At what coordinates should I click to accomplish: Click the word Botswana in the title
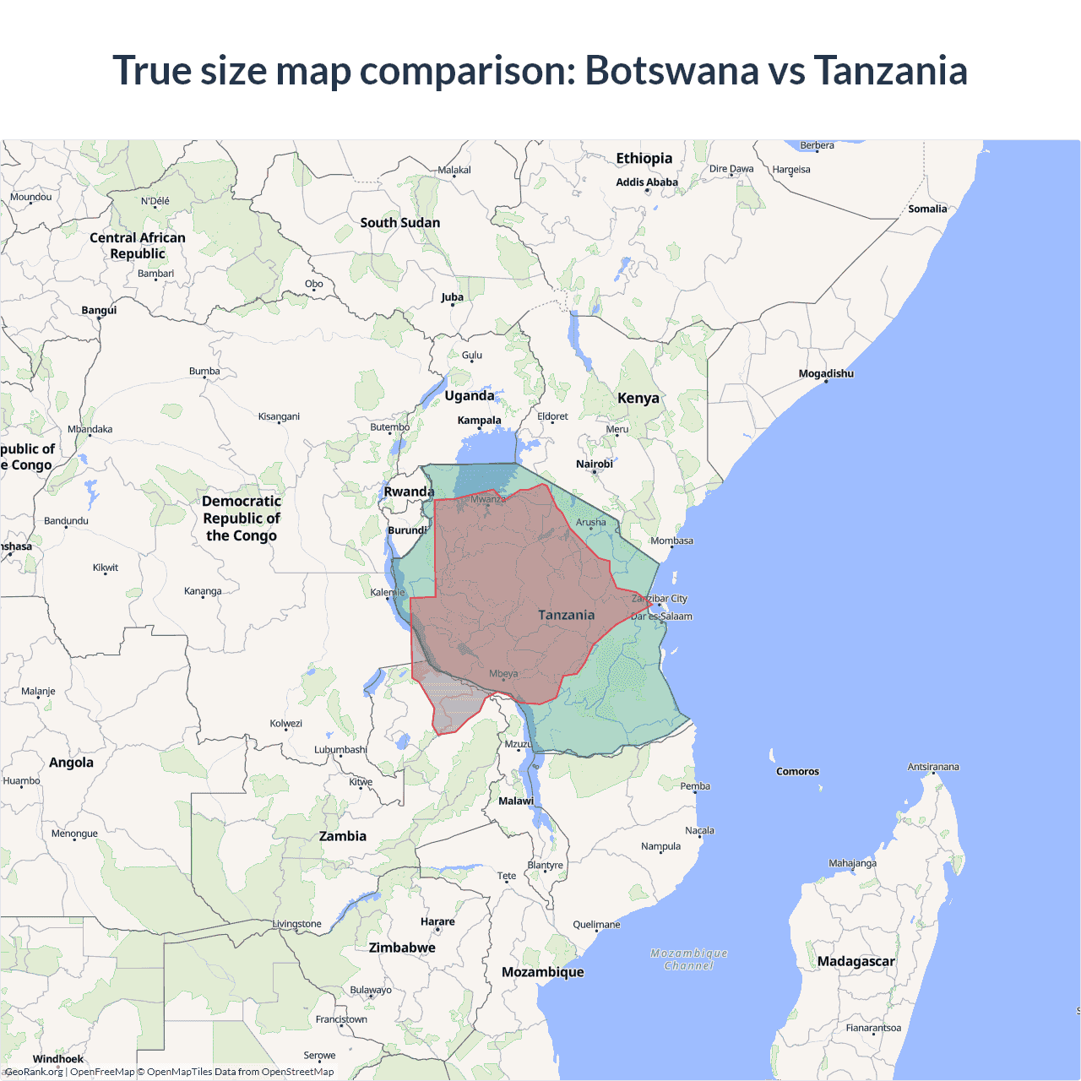click(671, 70)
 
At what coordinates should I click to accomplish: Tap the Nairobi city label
click(595, 464)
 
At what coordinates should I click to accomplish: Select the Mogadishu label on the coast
click(826, 373)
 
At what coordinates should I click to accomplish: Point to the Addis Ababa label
click(647, 182)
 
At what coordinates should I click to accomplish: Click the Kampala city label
click(479, 420)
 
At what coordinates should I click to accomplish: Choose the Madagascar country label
click(856, 961)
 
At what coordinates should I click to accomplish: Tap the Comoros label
click(797, 771)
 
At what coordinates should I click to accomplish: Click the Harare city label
click(437, 921)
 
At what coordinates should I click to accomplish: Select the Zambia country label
click(343, 836)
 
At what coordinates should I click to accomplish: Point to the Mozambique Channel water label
click(689, 959)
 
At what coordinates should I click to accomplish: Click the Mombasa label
click(671, 540)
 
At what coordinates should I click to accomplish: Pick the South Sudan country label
click(400, 223)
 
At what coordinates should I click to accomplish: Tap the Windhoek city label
click(58, 1059)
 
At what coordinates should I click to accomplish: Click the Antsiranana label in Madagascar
click(933, 767)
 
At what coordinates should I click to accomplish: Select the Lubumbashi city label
click(340, 749)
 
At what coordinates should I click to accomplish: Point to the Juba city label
click(452, 297)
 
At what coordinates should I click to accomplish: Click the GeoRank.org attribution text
click(35, 1072)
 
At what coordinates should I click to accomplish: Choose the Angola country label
click(71, 763)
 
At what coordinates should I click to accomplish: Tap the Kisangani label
click(279, 416)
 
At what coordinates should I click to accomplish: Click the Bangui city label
click(99, 310)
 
